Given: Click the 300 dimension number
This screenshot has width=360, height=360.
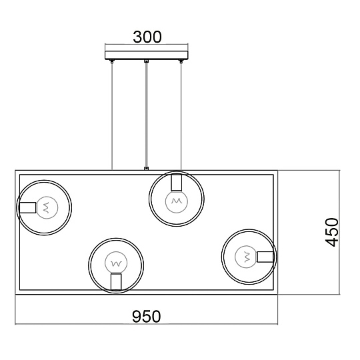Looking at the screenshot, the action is pos(147,37).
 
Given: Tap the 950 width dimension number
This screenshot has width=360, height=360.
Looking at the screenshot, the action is pos(147,317).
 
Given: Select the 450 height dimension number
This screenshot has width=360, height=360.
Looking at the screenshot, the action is pos(332,232).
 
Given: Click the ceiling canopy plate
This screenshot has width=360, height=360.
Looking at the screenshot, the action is pos(147,55).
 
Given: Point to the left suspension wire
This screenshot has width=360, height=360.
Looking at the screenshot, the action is pos(112,116).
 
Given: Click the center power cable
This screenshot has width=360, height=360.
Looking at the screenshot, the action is pos(147,115).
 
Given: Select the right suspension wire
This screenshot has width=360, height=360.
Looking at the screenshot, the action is pos(181,116).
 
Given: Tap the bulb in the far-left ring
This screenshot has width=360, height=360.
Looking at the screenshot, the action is pos(47,207).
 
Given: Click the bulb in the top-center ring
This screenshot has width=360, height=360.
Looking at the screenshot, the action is pos(177,201).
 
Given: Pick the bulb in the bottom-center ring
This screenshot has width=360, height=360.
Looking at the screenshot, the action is pos(116,263).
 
